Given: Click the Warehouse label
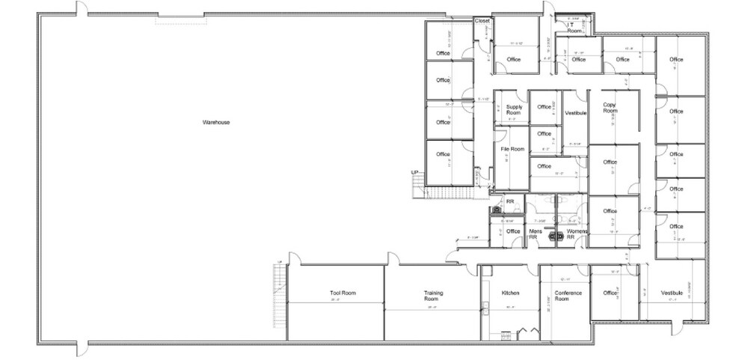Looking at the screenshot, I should (215, 122).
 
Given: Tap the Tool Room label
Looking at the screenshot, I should (342, 293).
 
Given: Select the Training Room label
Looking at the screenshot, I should (430, 296).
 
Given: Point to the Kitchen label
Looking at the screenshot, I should (510, 293).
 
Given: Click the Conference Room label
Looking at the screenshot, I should (562, 296).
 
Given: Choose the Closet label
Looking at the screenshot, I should (482, 21).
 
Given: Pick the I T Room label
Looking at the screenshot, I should (574, 28).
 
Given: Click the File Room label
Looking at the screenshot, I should (512, 150).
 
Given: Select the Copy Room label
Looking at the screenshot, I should (610, 107).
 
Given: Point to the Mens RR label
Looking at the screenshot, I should (536, 234).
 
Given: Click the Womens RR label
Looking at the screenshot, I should (576, 234).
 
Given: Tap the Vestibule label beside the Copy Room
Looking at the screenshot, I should (575, 113).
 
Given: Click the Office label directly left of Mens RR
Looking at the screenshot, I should (512, 231).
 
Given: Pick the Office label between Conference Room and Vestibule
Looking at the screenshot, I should (610, 293).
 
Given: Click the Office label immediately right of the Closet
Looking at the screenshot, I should (513, 59).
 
